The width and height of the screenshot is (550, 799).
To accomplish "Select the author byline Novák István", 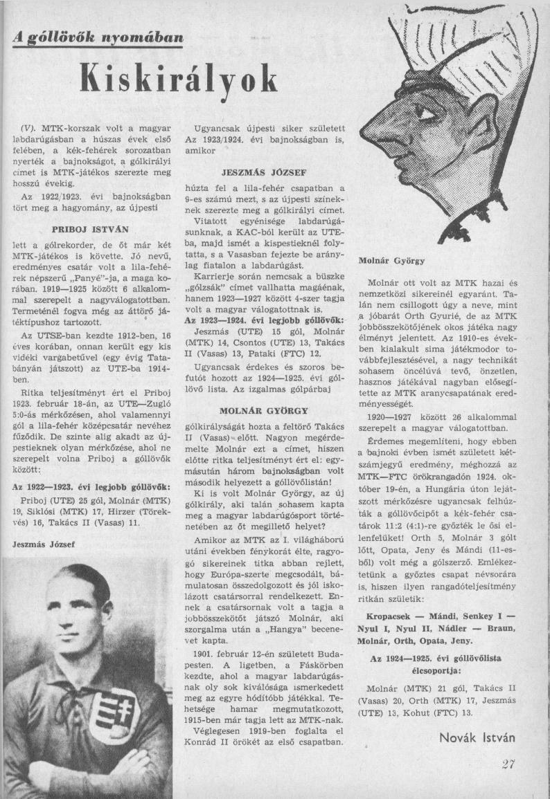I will pos(477,737).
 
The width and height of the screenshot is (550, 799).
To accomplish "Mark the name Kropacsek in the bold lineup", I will pos(390,616).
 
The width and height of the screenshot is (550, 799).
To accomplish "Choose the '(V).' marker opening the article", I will pos(30,129).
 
